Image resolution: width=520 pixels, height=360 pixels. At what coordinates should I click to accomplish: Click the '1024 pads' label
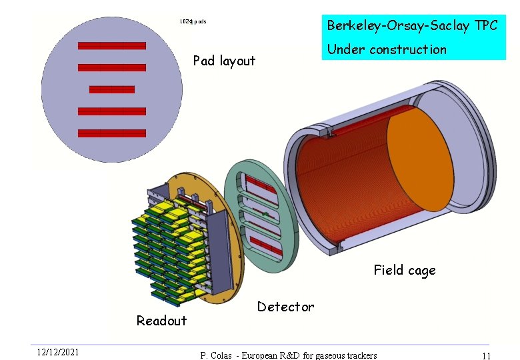193,22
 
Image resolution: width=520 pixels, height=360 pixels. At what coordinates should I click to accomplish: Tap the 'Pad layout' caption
224,61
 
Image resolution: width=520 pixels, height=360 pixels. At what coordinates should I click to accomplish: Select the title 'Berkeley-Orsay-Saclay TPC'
411,25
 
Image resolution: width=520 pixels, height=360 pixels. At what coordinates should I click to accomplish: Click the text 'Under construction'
386,49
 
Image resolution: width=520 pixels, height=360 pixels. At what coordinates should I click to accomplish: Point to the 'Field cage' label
404,270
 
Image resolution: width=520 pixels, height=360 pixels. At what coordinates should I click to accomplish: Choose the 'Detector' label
285,307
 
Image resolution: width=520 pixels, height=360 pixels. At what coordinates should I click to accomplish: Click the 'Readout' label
161,321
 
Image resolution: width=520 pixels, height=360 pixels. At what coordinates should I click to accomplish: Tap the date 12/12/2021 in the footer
58,352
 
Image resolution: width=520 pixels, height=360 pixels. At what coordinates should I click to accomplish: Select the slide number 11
486,356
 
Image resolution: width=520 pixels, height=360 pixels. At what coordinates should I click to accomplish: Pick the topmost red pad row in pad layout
111,46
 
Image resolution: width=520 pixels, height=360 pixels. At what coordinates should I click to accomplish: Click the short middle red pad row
111,89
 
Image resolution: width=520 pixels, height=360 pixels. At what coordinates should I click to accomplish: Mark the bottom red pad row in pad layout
111,133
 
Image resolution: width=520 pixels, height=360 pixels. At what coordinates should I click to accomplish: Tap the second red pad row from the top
111,67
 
